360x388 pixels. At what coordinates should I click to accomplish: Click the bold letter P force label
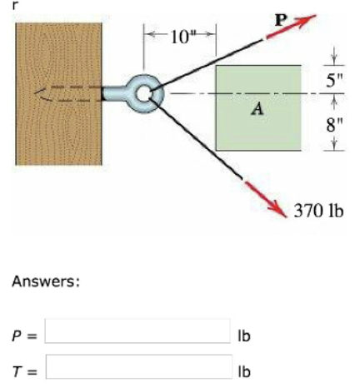[281, 20]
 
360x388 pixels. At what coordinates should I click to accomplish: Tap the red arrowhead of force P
[307, 19]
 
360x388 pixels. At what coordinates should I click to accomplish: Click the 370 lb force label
[318, 211]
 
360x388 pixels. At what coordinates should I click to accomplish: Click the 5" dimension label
[334, 81]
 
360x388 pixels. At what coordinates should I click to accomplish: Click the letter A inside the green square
[258, 108]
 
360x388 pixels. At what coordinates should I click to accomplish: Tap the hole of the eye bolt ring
[143, 94]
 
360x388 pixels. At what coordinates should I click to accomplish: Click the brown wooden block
[58, 94]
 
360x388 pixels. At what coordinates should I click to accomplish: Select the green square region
[258, 108]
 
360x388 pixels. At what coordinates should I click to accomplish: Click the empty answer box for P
[137, 331]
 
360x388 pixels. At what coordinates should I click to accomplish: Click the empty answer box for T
[139, 366]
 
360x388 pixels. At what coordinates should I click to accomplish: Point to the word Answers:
[46, 281]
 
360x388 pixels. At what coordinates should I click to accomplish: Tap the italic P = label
[24, 336]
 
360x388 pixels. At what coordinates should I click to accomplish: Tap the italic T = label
[24, 371]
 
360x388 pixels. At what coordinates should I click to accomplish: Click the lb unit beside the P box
[244, 336]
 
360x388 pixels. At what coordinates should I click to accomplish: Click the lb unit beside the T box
[244, 371]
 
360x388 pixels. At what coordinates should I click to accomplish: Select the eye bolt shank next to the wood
[114, 93]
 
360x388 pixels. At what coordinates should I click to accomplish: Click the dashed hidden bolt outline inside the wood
[68, 93]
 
